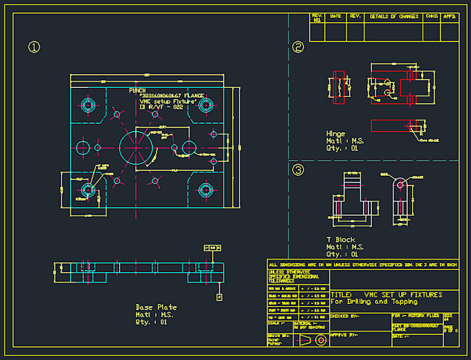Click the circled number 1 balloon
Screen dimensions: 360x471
tap(33, 47)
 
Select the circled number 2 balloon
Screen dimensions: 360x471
tap(299, 47)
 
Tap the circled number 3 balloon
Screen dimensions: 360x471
tap(299, 170)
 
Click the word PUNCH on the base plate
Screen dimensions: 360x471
tap(137, 91)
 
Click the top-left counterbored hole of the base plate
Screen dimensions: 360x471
tap(87, 105)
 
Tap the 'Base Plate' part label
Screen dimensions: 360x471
tap(156, 307)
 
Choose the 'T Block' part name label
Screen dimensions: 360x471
tap(340, 240)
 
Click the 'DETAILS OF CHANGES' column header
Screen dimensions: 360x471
tap(393, 17)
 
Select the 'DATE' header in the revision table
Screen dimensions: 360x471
tap(336, 17)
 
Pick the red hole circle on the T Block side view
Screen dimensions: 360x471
tap(400, 185)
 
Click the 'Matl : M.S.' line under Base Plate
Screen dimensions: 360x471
tap(154, 314)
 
